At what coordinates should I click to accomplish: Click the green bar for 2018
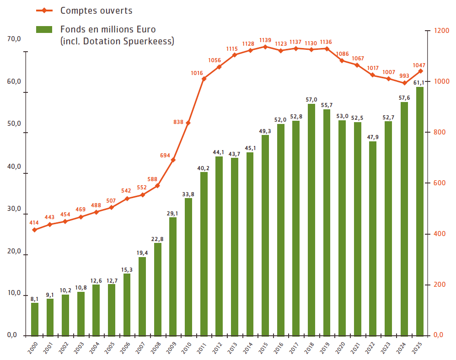(x=311, y=220)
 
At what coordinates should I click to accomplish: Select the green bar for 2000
(x=35, y=319)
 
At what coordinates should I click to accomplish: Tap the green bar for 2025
(x=419, y=210)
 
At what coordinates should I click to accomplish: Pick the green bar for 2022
(x=373, y=238)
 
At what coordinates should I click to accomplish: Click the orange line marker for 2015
(x=265, y=47)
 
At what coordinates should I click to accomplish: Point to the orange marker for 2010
(x=188, y=123)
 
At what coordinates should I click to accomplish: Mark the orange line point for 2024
(x=404, y=83)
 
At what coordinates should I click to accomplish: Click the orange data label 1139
(x=265, y=40)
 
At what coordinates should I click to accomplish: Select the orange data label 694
(x=165, y=156)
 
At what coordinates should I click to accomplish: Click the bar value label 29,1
(x=173, y=213)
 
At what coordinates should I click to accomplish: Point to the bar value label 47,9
(x=373, y=137)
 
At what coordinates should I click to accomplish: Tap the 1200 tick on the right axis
(x=441, y=31)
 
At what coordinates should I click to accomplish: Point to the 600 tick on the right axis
(x=439, y=183)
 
